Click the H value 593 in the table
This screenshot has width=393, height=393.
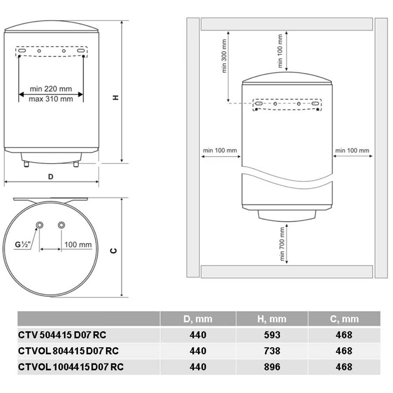(272, 335)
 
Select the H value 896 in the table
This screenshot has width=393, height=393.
(272, 367)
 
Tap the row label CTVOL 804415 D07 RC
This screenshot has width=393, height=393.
(68, 351)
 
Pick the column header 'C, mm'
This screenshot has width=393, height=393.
(344, 319)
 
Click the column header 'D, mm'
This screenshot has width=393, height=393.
(198, 319)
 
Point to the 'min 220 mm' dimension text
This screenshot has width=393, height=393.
(51, 89)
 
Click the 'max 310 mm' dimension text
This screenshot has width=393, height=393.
(51, 99)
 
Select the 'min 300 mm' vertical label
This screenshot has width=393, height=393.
(225, 56)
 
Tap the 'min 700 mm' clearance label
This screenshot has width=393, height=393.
(282, 244)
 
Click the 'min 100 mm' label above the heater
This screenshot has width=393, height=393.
(280, 51)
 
